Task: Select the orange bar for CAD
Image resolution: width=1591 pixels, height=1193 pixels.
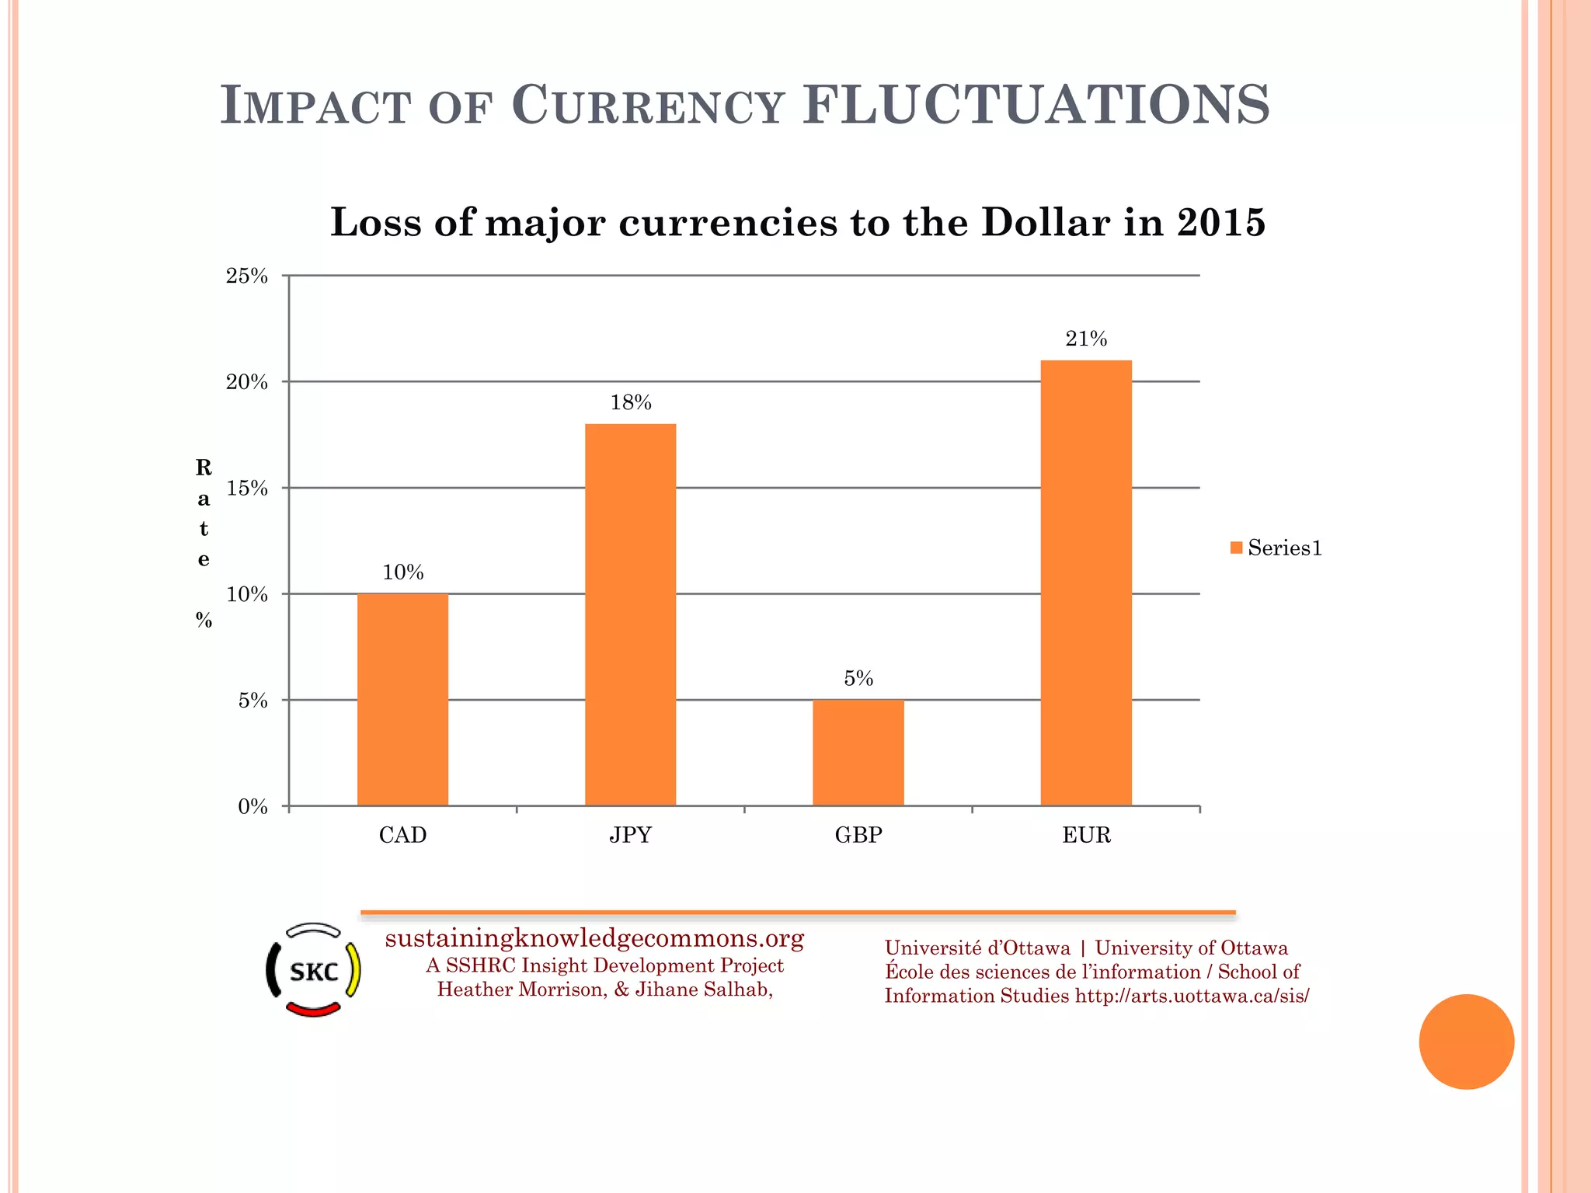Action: coord(402,699)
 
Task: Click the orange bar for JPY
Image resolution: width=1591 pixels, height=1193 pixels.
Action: coord(630,614)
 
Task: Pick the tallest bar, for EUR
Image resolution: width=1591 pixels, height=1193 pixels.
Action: coord(1085,583)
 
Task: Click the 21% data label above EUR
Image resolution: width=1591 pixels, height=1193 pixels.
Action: coord(1085,339)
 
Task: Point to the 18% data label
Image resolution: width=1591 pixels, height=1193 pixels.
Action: coord(630,402)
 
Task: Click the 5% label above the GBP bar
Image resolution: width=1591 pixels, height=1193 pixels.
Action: coord(858,679)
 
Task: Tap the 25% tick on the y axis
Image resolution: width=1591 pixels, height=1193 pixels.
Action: coord(247,276)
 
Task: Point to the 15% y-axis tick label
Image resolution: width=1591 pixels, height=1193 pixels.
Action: coord(247,489)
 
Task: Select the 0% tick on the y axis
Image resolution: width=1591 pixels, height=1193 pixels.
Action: coord(252,807)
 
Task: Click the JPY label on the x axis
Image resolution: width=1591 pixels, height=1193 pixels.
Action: coord(630,836)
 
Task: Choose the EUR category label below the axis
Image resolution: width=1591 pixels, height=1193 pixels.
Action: coord(1085,836)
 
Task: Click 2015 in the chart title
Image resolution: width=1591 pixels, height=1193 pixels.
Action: coord(1220,223)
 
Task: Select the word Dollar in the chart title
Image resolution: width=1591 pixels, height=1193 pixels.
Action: coord(1045,223)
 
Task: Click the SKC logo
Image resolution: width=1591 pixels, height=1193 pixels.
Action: coord(313,970)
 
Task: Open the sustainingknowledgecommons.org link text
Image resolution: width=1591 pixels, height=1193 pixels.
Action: coord(594,939)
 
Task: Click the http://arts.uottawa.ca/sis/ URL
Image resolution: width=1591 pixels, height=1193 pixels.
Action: coord(1192,996)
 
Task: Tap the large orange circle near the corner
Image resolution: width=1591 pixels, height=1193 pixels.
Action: coord(1466,1042)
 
